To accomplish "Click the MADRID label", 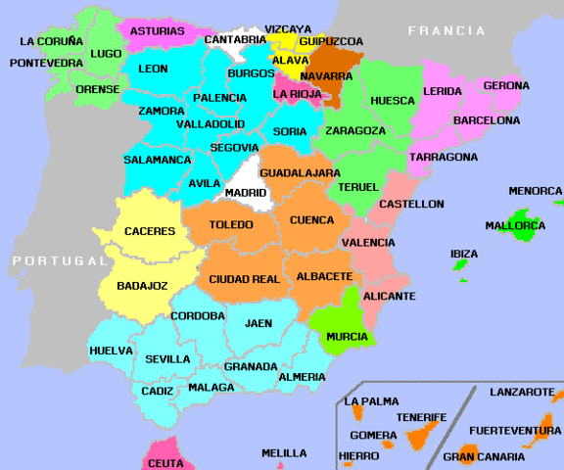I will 246,193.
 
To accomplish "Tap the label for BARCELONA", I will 486,120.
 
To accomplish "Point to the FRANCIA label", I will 446,30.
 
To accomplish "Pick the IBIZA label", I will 464,254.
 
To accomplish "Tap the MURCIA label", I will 347,337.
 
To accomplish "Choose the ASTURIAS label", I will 158,31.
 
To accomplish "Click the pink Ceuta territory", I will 164,461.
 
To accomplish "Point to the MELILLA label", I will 284,453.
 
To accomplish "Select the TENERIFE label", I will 421,417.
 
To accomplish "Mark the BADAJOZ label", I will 142,286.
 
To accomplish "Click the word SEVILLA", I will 167,359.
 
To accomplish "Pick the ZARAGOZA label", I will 354,130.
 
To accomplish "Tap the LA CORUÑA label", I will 52,41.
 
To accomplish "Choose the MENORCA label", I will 535,191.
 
